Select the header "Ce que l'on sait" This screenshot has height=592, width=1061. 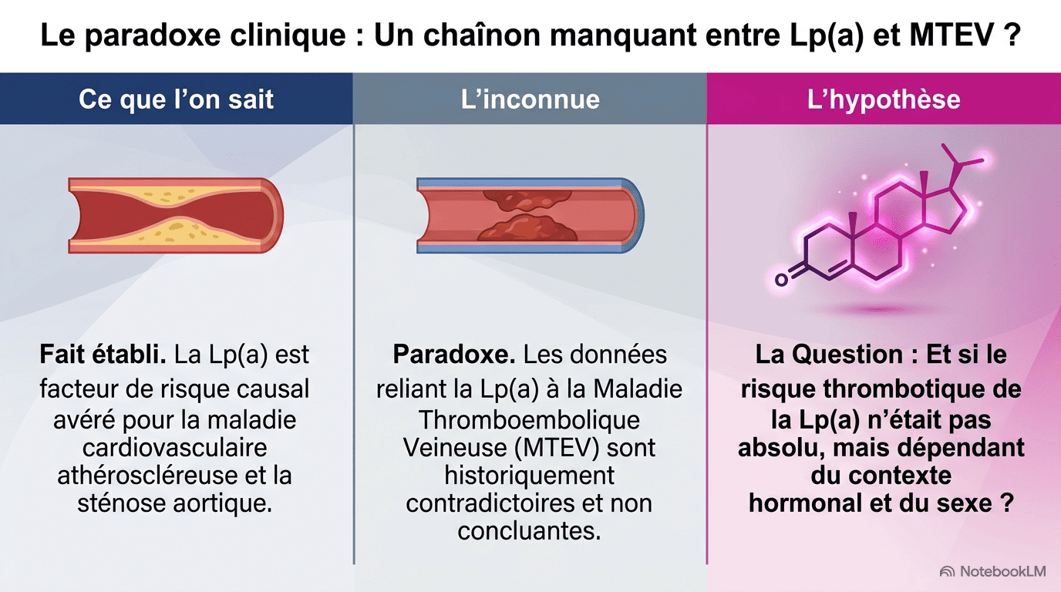[x=177, y=99]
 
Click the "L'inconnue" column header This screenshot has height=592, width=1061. [x=530, y=99]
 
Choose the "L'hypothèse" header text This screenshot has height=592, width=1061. [x=884, y=99]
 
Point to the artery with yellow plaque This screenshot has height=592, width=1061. [x=176, y=216]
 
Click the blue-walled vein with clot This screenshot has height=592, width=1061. [x=530, y=216]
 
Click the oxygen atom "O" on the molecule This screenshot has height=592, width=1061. [x=782, y=279]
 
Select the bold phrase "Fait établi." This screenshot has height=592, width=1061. [x=103, y=355]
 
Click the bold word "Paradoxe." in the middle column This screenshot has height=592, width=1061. [x=453, y=355]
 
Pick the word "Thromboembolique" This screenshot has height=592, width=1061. [x=529, y=420]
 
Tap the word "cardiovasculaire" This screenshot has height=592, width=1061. [x=175, y=448]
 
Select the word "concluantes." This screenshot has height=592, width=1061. [x=529, y=531]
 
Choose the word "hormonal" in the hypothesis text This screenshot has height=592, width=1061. [x=805, y=503]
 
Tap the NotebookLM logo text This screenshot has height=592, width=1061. [x=1002, y=572]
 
